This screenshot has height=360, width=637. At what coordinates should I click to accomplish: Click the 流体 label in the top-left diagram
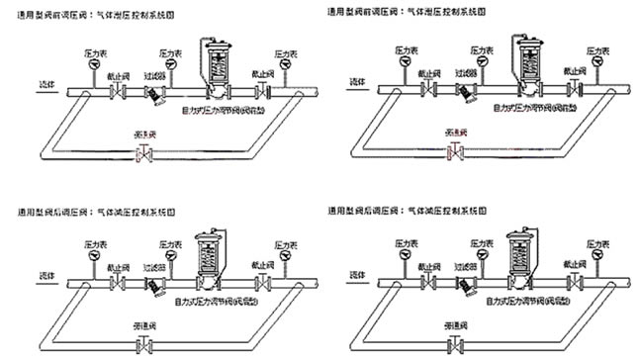click(x=46, y=85)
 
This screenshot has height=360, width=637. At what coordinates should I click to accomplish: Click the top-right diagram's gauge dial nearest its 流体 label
click(x=406, y=66)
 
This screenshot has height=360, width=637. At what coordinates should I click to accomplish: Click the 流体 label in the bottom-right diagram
click(x=354, y=272)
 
